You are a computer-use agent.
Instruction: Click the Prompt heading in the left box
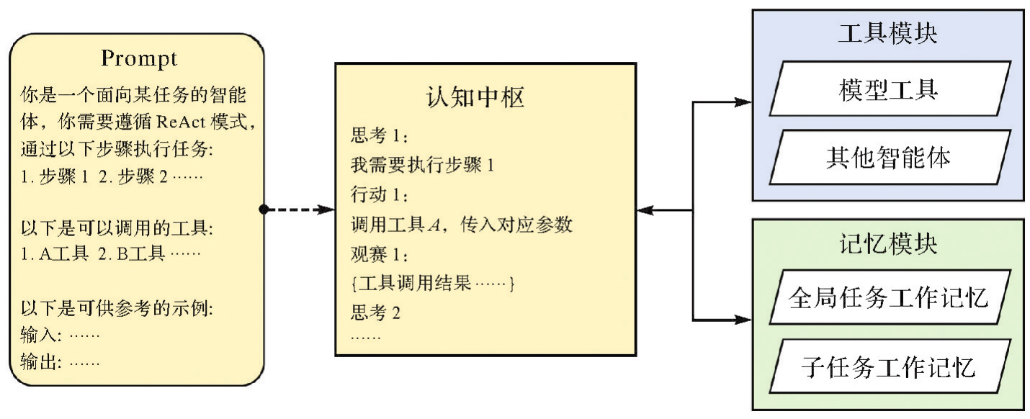[139, 58]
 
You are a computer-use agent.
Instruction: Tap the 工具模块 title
[887, 34]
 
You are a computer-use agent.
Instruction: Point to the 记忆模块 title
[887, 243]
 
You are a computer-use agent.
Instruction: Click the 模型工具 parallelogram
[887, 90]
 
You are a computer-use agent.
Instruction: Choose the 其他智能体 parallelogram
[887, 157]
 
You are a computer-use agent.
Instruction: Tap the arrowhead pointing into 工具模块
[744, 103]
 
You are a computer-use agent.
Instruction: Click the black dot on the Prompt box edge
[264, 209]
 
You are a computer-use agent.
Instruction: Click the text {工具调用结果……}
[432, 284]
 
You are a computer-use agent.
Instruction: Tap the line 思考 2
[375, 313]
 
